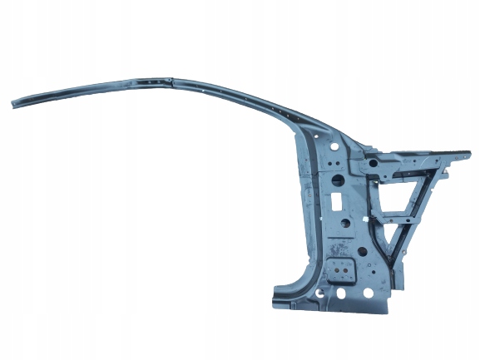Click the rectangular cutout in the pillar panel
pyautogui.click(x=338, y=202)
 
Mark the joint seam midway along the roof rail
pyautogui.click(x=169, y=80)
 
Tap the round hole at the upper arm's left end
pyautogui.click(x=372, y=164)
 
